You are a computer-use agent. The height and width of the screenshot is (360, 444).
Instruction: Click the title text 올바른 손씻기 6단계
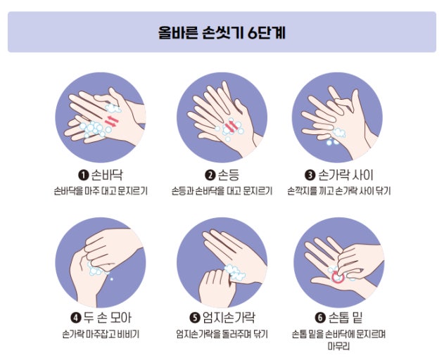pos(222,32)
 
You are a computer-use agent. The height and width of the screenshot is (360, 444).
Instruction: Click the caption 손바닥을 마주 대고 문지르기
pos(101,191)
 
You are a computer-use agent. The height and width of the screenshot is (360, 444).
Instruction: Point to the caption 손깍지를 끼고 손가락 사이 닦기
pos(338,191)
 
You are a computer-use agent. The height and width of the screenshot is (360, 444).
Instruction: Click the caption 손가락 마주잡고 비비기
pos(101,333)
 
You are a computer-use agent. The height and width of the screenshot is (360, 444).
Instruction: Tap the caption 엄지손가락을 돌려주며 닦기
pos(222,333)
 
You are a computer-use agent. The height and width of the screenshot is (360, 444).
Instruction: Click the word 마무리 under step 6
pos(338,346)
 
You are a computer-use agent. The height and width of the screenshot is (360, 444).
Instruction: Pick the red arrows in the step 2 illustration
pos(229,127)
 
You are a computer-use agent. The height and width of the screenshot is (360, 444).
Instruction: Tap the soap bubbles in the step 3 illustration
pos(338,135)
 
